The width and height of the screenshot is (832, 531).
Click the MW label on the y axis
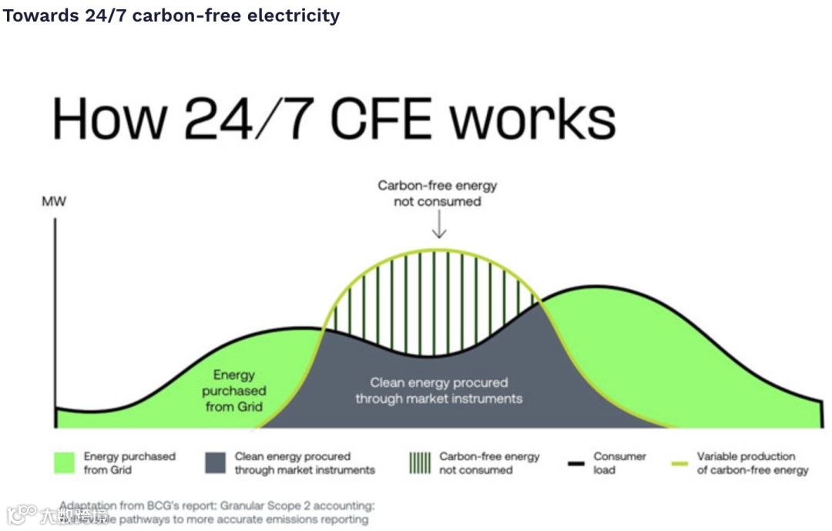click(x=54, y=203)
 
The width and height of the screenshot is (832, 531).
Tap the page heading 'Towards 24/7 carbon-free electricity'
click(x=171, y=15)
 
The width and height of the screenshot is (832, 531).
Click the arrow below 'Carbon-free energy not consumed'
click(x=438, y=225)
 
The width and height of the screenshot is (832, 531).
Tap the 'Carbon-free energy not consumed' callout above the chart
click(x=437, y=193)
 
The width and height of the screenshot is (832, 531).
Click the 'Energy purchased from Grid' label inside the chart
click(x=234, y=391)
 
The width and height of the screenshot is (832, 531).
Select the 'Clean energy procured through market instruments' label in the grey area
click(x=438, y=391)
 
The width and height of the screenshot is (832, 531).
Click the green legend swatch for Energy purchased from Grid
click(x=65, y=463)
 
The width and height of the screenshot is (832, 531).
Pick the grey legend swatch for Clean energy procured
click(x=216, y=463)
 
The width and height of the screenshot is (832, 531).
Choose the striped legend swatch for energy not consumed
click(x=420, y=463)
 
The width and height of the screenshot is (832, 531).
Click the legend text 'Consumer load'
click(x=619, y=463)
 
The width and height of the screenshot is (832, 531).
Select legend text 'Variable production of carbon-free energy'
click(x=753, y=463)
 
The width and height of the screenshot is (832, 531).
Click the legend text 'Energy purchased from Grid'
click(x=129, y=463)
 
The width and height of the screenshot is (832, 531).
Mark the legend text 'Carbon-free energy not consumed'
click(x=489, y=463)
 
